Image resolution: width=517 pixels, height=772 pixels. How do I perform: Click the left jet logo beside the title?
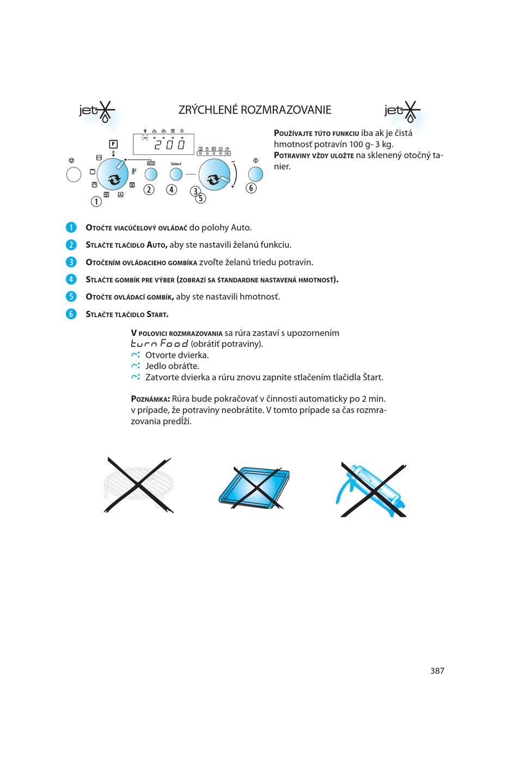(97, 111)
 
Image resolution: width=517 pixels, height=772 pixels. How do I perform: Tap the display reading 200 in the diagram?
(164, 144)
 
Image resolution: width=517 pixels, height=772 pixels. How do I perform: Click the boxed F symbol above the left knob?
(113, 144)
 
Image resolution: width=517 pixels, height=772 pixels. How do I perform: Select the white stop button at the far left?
(73, 174)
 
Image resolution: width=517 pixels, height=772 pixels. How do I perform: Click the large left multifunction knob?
(113, 174)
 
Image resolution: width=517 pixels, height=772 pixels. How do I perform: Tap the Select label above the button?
(176, 164)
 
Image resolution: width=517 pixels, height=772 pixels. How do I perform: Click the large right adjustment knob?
(214, 175)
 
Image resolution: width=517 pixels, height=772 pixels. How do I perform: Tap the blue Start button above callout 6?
(255, 174)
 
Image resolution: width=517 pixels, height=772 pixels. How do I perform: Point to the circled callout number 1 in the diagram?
(96, 201)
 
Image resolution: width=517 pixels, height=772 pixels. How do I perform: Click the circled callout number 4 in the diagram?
(171, 189)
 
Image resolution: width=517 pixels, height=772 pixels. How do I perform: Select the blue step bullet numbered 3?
(71, 262)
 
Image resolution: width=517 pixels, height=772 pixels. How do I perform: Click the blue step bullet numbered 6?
(71, 314)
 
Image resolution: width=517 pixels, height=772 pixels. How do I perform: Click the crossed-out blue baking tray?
(255, 487)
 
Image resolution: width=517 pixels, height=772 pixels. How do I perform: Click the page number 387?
(437, 671)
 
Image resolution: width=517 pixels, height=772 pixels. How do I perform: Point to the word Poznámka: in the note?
(150, 399)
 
